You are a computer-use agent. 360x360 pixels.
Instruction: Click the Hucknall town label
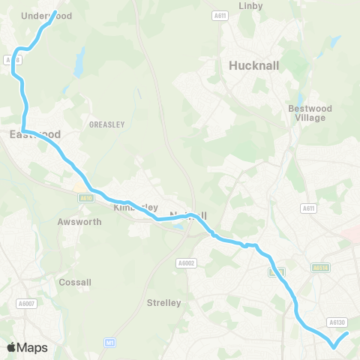tap(253, 65)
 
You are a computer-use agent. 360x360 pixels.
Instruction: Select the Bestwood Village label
tap(309, 113)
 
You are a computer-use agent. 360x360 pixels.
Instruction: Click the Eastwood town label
tap(35, 135)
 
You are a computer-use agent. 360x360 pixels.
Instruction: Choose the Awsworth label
tap(74, 222)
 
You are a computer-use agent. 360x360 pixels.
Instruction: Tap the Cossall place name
tap(75, 283)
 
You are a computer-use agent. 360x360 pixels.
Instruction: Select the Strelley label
tap(164, 303)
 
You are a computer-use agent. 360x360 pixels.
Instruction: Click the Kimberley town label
tap(135, 207)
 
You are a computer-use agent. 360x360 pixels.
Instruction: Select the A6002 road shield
tap(186, 262)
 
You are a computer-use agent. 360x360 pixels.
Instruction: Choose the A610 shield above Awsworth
tap(85, 198)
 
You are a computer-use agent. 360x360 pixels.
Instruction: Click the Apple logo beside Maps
tap(11, 347)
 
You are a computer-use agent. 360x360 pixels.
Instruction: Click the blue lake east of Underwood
tap(79, 62)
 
